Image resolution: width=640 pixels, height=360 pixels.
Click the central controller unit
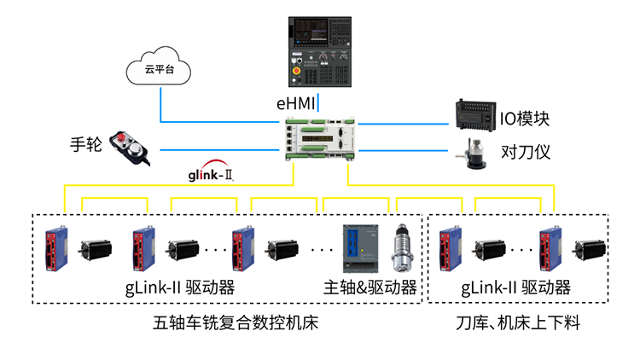tap(319, 139)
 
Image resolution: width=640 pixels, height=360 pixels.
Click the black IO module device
tap(473, 113)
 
